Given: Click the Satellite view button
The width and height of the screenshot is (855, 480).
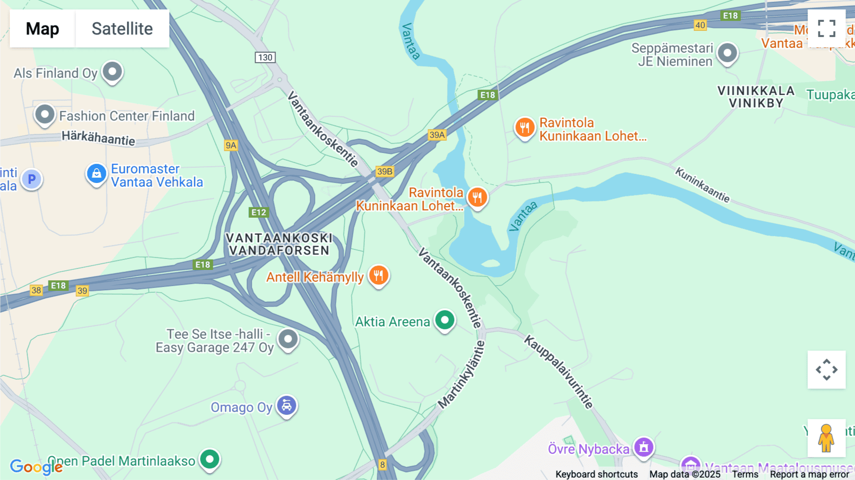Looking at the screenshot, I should (122, 29).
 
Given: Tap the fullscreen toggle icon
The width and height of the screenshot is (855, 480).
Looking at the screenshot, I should (826, 29).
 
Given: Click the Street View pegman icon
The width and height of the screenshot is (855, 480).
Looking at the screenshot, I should (826, 438).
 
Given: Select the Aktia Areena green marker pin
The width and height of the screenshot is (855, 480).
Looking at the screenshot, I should (445, 320).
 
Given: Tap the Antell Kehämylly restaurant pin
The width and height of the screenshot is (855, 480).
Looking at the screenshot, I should (379, 275).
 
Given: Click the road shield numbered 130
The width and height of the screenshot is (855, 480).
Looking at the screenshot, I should (265, 58).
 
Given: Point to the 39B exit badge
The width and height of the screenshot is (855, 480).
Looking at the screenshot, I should (385, 172).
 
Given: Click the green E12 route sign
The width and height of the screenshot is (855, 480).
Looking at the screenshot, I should (259, 212).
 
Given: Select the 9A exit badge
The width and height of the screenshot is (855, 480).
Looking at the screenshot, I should (231, 145).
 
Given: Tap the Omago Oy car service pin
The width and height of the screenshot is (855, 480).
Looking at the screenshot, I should (287, 406).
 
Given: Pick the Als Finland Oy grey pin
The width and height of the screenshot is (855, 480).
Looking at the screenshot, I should (113, 72).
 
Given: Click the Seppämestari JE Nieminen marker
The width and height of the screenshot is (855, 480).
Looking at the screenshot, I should (727, 53).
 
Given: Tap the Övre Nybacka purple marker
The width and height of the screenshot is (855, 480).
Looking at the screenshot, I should (644, 447).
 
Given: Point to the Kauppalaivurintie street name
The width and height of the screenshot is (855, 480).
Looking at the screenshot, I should (559, 372).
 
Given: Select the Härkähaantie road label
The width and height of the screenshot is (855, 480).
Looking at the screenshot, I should (98, 138).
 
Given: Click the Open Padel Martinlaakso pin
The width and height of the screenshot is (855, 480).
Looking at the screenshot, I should (209, 459).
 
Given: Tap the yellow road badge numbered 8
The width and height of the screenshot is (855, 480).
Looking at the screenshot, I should (382, 465).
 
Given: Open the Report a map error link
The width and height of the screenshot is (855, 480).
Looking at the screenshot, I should (809, 474).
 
